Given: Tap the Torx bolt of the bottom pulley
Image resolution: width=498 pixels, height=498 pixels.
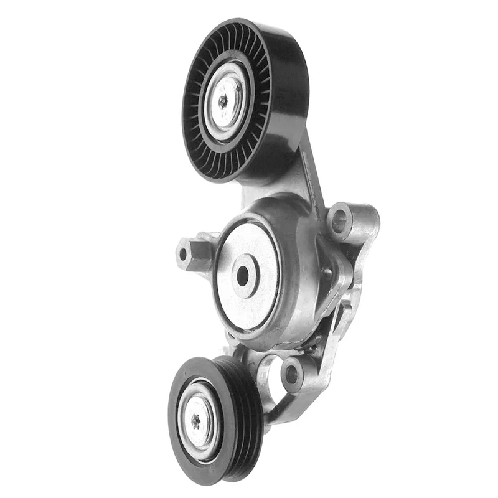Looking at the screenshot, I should coord(195,421).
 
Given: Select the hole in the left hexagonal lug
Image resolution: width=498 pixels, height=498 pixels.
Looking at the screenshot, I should coord(183,253).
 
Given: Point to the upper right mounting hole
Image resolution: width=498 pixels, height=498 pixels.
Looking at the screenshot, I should coord(339,219).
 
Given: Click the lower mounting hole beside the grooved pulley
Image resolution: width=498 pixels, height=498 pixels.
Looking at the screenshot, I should coord(291,373).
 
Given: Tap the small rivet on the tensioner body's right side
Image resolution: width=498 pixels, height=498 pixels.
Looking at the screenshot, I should coord(326,272).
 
